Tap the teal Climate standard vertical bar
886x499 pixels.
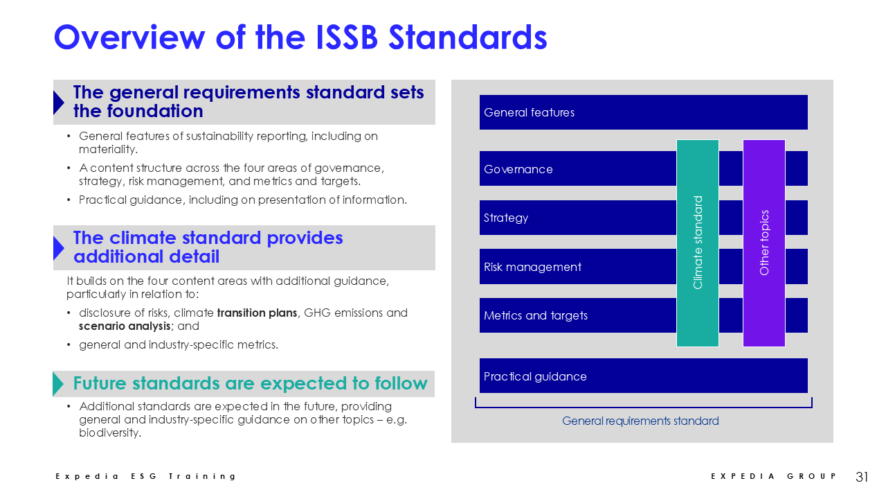tap(697, 243)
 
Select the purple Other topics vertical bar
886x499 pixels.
tap(763, 243)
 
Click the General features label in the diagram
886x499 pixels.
tap(529, 112)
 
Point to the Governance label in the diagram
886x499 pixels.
tap(518, 169)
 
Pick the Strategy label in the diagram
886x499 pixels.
tap(506, 218)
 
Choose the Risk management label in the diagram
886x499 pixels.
tap(532, 267)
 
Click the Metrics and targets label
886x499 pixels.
tap(536, 315)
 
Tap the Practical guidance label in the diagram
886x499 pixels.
tap(535, 376)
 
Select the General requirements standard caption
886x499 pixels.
tap(640, 421)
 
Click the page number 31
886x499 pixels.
tap(862, 476)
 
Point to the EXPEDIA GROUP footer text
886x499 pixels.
tap(773, 476)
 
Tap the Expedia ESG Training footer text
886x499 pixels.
tap(145, 476)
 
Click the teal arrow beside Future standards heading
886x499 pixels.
tap(57, 384)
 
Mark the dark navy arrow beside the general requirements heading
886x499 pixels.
tap(59, 103)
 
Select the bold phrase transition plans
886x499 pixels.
tap(257, 313)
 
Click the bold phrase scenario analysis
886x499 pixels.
tap(125, 326)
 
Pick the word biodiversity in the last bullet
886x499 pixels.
tap(109, 433)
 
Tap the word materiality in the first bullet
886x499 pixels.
tap(108, 149)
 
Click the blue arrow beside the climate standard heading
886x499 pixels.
tap(59, 248)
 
